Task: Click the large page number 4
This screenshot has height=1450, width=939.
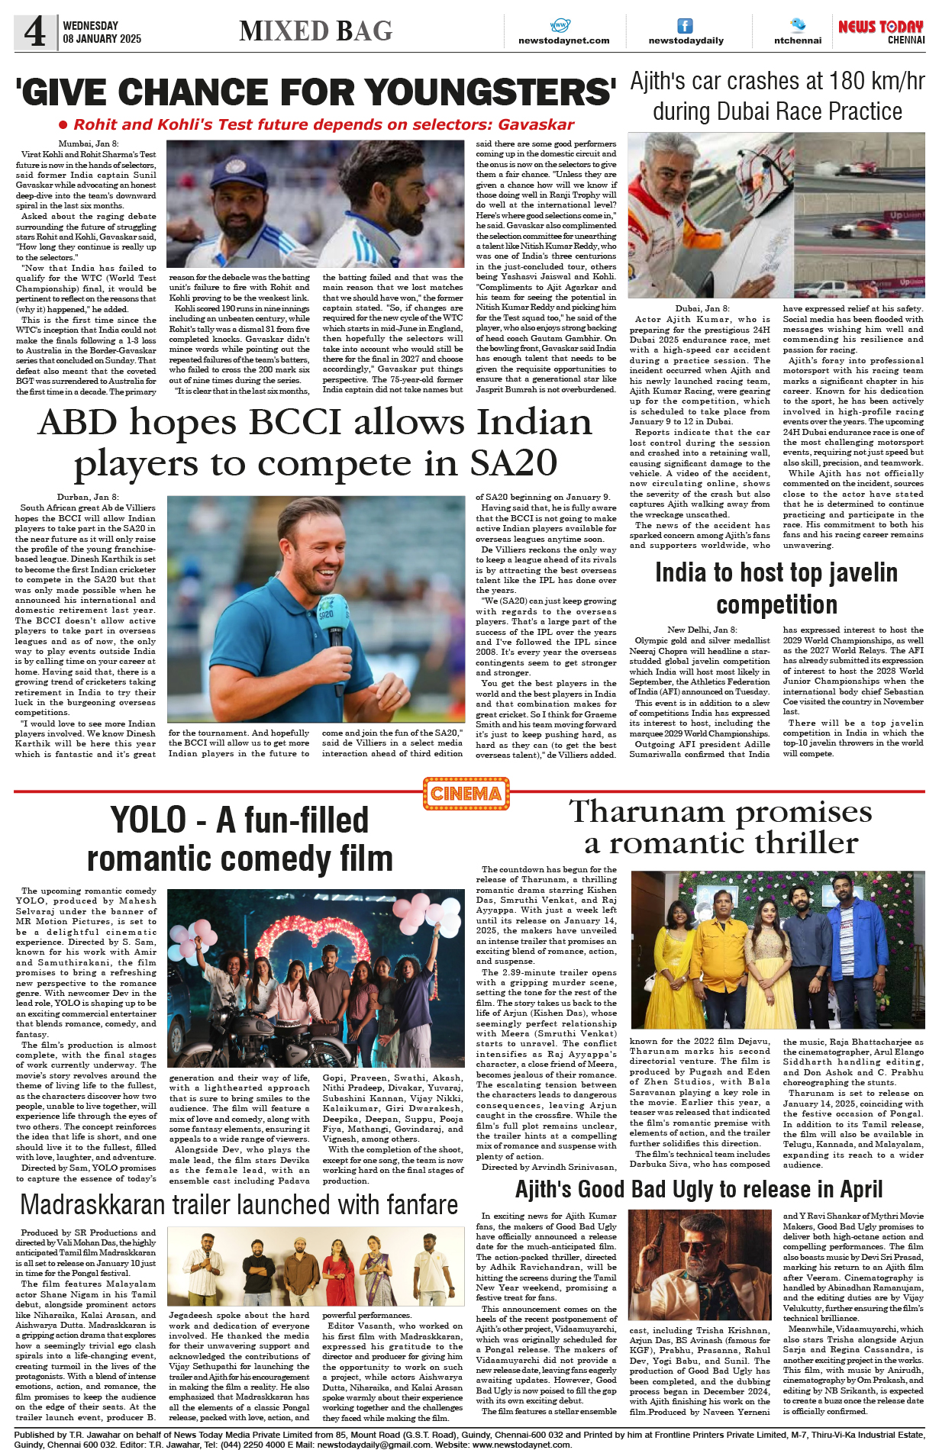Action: point(35,31)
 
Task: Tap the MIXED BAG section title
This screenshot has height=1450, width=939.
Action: point(315,31)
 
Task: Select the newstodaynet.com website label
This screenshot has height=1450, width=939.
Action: point(563,40)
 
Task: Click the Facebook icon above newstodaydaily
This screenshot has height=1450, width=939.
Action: point(686,26)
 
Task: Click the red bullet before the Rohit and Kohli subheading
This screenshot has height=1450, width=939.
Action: point(64,125)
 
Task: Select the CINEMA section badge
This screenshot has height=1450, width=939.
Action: point(466,794)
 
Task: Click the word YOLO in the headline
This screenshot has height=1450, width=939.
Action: point(148,820)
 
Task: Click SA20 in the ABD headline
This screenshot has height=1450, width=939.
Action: point(513,462)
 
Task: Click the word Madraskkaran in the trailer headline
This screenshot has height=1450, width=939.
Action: point(92,1205)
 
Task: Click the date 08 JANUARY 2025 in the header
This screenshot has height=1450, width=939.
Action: point(102,39)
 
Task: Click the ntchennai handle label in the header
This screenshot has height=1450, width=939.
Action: point(797,40)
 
